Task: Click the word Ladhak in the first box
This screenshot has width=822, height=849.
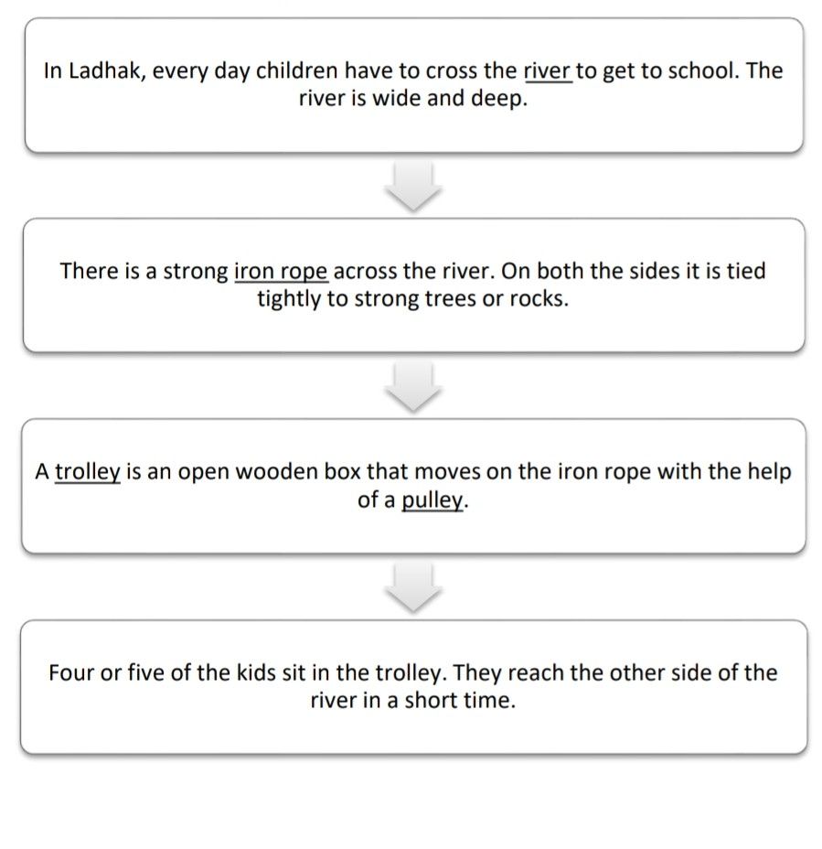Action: pos(103,70)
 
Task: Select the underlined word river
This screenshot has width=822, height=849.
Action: pos(548,70)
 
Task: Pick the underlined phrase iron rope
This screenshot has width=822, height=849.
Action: pos(281,271)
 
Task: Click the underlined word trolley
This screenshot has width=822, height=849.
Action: pos(88,472)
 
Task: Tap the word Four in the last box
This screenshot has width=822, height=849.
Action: pos(70,673)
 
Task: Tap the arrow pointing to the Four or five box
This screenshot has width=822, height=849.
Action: pos(413,586)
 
